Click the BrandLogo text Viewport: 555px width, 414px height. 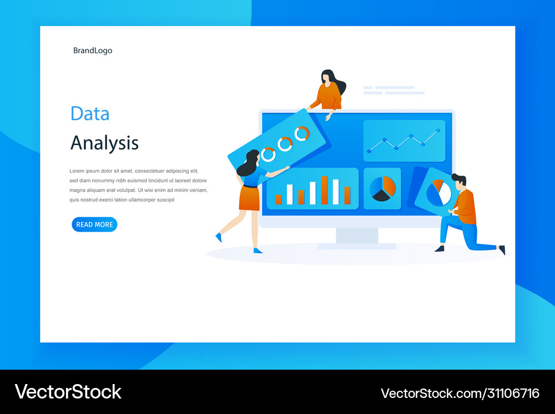click(x=93, y=50)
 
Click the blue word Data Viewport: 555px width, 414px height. click(x=90, y=114)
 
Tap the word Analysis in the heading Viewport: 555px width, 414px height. click(x=104, y=143)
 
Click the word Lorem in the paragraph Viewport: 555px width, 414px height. click(x=77, y=171)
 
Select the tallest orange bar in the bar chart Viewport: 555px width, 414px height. click(x=324, y=190)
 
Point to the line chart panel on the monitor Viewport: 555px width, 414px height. click(x=404, y=141)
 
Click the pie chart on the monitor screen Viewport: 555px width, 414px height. click(x=382, y=189)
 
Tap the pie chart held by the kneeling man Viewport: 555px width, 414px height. click(x=438, y=193)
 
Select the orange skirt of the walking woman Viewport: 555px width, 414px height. click(x=250, y=198)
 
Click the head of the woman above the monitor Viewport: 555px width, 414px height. click(x=329, y=77)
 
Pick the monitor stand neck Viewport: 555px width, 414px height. click(x=357, y=235)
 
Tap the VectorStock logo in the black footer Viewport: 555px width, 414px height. click(x=68, y=391)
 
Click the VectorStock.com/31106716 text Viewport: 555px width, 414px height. click(x=460, y=393)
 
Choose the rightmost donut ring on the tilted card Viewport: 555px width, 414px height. click(x=302, y=134)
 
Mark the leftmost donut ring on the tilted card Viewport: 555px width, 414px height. click(x=268, y=154)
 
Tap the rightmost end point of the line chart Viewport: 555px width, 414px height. click(x=438, y=131)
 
